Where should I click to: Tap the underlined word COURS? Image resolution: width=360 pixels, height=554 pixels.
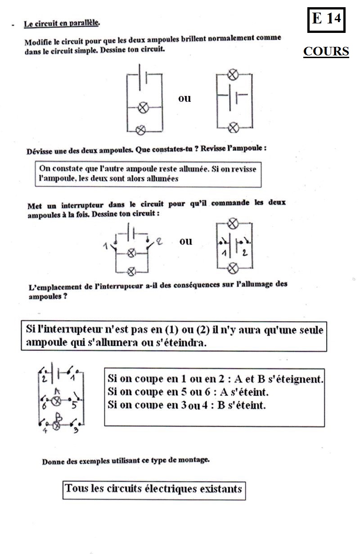pyautogui.click(x=326, y=52)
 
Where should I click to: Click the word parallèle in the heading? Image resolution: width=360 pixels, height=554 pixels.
pyautogui.click(x=84, y=22)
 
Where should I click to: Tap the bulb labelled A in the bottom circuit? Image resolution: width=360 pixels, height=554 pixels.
pyautogui.click(x=57, y=401)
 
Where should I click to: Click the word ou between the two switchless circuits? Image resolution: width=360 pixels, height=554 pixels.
pyautogui.click(x=184, y=99)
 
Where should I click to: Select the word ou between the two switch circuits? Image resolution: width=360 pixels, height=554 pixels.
pyautogui.click(x=186, y=241)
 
